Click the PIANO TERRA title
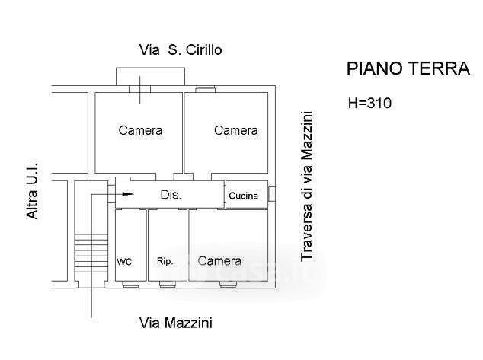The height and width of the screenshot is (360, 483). [x=408, y=68]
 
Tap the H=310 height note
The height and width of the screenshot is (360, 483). [x=369, y=103]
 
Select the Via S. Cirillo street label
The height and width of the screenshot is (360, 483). [x=181, y=50]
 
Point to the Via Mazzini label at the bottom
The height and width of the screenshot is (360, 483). [x=176, y=322]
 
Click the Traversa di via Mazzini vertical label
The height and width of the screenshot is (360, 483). [x=306, y=186]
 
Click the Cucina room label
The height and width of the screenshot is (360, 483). [x=244, y=196]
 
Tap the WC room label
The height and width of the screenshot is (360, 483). [x=124, y=261]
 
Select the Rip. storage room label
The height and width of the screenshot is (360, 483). [x=165, y=261]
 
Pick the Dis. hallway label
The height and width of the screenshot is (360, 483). [x=171, y=195]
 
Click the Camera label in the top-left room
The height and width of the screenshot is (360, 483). [x=140, y=130]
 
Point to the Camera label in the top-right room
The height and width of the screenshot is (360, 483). [x=235, y=130]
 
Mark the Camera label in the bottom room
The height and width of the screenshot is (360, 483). [x=219, y=260]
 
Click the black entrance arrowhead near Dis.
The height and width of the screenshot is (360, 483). [x=127, y=194]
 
